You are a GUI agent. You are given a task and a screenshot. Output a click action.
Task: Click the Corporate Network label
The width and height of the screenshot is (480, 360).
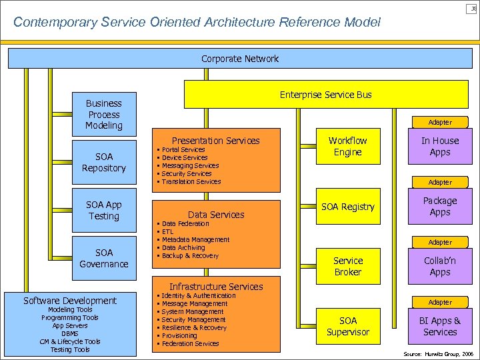240,59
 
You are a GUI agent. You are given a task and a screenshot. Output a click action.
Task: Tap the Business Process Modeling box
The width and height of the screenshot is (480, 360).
103,114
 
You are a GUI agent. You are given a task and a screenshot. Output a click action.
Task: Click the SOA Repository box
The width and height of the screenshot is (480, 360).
103,162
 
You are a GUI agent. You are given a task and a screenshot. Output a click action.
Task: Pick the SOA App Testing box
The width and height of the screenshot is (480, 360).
103,210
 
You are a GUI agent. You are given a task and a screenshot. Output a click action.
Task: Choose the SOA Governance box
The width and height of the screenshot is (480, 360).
103,258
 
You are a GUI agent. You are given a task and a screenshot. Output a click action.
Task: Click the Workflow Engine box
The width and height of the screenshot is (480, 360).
347,146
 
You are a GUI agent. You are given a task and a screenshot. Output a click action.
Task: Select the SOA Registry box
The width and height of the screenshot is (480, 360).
347,207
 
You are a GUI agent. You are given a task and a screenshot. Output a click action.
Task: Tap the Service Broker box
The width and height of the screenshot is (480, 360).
347,266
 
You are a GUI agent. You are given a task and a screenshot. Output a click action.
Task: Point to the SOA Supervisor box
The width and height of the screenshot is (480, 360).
347,326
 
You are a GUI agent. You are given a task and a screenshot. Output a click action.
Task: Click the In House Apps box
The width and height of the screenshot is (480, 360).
440,146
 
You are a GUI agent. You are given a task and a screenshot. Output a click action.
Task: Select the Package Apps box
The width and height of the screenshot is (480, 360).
440,206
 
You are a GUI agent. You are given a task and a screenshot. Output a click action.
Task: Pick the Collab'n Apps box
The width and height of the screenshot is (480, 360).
440,266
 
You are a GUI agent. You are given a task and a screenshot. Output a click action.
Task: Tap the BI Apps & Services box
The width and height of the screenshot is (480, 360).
440,326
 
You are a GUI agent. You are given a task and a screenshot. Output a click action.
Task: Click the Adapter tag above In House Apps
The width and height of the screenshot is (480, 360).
440,122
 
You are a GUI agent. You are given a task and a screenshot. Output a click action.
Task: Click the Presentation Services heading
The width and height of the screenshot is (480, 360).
215,140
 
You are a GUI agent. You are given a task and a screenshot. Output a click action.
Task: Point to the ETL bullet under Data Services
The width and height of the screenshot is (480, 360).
167,232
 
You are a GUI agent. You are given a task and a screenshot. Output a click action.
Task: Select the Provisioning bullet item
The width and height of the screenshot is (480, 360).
179,335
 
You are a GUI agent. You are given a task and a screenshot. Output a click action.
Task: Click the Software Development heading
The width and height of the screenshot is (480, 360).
69,301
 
